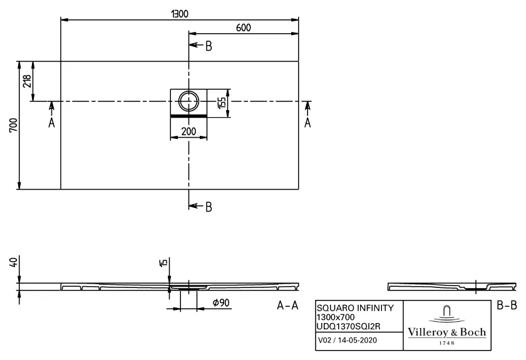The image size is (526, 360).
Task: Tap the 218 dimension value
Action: (27, 81)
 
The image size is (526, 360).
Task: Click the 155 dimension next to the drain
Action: (221, 102)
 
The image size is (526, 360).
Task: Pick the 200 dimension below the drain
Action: (188, 131)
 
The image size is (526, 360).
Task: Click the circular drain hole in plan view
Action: (188, 100)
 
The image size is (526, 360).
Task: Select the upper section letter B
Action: (209, 46)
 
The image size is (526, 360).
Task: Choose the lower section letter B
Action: (209, 207)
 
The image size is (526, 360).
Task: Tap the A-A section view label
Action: (287, 306)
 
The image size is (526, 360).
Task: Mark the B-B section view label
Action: (507, 306)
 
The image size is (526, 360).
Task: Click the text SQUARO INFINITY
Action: (355, 308)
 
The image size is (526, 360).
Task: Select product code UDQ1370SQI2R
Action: (349, 326)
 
